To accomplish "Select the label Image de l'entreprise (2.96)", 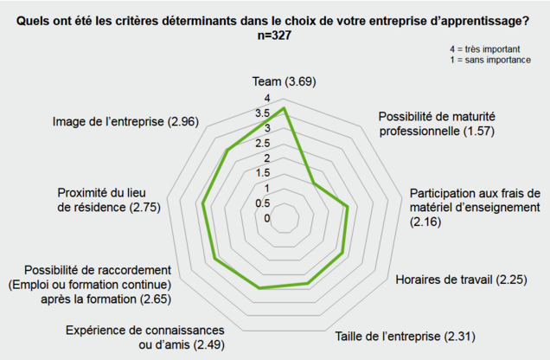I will click(125, 121).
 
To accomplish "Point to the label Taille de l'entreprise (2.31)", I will click(405, 335).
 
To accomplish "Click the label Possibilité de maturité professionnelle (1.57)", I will click(438, 124).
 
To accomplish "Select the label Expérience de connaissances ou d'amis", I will click(144, 338).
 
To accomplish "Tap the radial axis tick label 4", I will click(267, 98).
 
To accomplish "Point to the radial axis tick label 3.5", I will click(263, 113).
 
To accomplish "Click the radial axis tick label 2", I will click(267, 158).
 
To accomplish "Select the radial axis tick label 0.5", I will click(263, 203).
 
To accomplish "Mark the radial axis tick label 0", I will click(267, 218).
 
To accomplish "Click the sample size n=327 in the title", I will click(275, 36).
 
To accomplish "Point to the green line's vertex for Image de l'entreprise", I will click(227, 151).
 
